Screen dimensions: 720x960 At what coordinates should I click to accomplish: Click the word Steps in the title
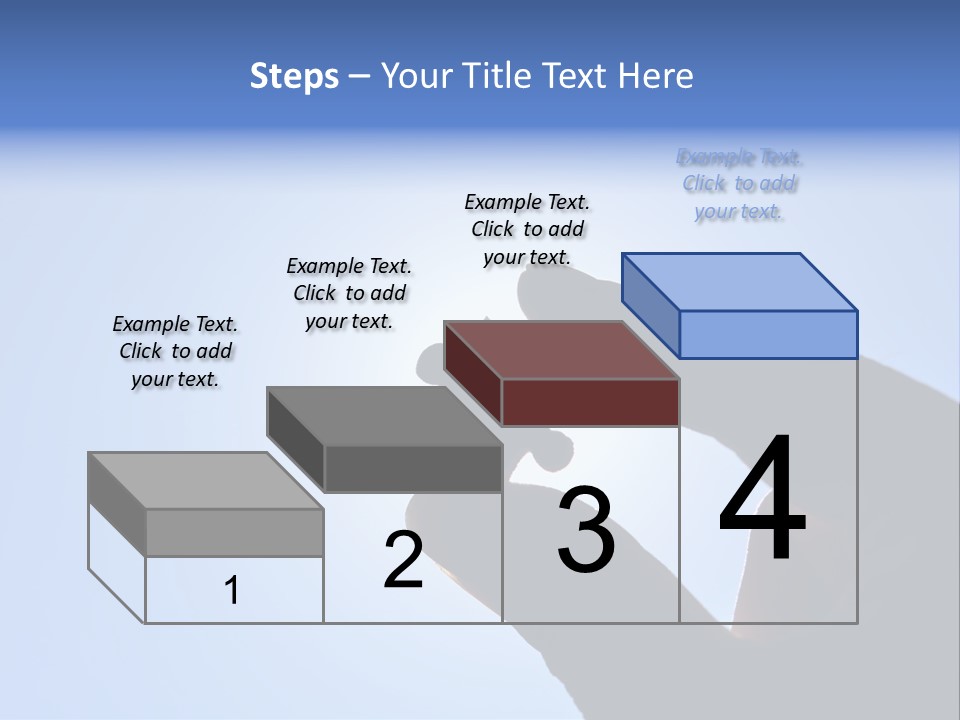(294, 76)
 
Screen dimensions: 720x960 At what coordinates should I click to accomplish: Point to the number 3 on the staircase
(586, 530)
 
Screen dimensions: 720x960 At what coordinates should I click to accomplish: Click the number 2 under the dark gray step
(403, 560)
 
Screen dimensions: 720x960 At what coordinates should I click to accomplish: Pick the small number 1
(232, 590)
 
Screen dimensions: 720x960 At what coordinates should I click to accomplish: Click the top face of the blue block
(740, 281)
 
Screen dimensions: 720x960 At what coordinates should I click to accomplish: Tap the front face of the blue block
(768, 334)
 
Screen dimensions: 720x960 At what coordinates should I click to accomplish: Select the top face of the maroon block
(562, 350)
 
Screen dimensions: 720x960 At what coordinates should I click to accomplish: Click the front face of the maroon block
(590, 402)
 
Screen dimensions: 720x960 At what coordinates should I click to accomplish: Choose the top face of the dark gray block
(384, 416)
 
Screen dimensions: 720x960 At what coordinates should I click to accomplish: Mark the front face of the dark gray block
(412, 468)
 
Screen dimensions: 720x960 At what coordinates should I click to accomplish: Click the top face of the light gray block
(206, 481)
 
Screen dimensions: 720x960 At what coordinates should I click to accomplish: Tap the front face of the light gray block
(234, 532)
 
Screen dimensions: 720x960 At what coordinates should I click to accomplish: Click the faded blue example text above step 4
(739, 184)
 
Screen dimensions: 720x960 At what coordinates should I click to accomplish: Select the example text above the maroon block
(527, 229)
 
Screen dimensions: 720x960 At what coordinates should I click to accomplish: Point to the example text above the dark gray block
(349, 293)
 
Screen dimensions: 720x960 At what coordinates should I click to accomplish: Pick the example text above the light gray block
(175, 351)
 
